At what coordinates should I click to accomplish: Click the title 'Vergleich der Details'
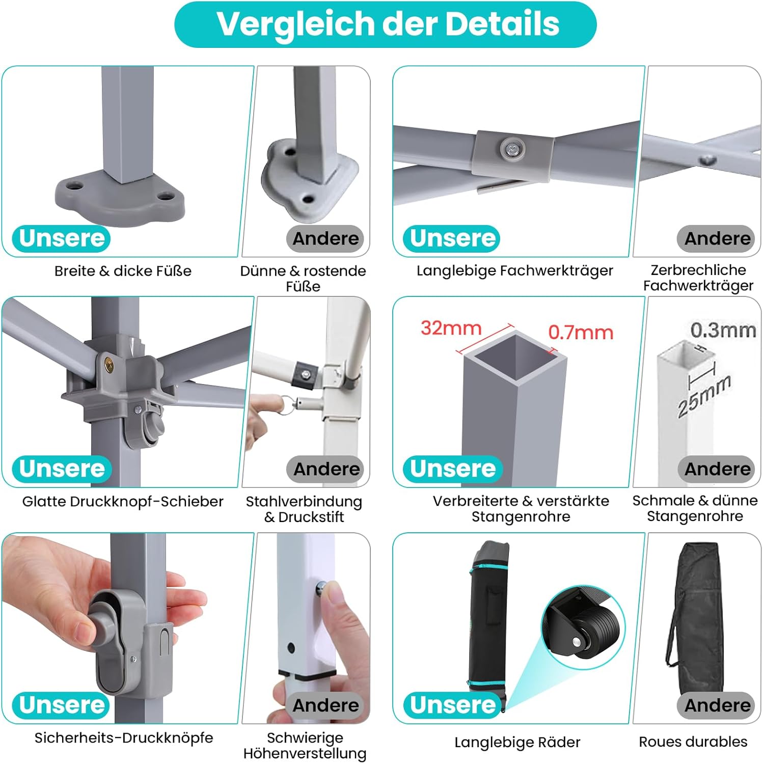[388, 24]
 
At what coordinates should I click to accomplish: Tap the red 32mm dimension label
[451, 328]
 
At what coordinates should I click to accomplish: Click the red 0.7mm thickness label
[581, 333]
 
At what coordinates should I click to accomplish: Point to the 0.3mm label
[723, 330]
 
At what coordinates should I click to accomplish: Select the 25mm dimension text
[704, 395]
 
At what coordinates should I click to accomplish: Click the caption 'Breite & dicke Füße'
[123, 271]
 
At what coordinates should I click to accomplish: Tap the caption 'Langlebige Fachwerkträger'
[514, 270]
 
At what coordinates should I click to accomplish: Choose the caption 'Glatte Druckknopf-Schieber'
[123, 502]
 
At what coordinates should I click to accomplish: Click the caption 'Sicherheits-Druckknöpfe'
[124, 738]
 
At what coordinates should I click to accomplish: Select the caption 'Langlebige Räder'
[517, 742]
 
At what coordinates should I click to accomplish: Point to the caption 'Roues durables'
[693, 742]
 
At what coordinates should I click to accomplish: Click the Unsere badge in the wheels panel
[453, 705]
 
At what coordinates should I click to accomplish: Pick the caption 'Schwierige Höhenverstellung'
[305, 746]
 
